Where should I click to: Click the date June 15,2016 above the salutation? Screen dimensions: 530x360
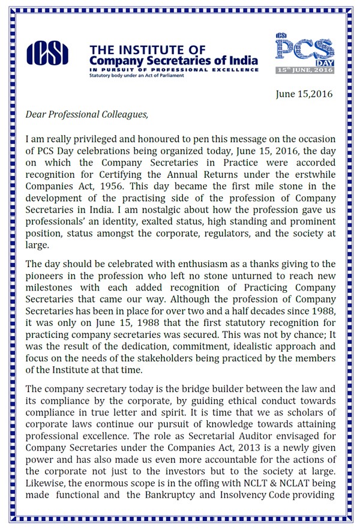pyautogui.click(x=304, y=94)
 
